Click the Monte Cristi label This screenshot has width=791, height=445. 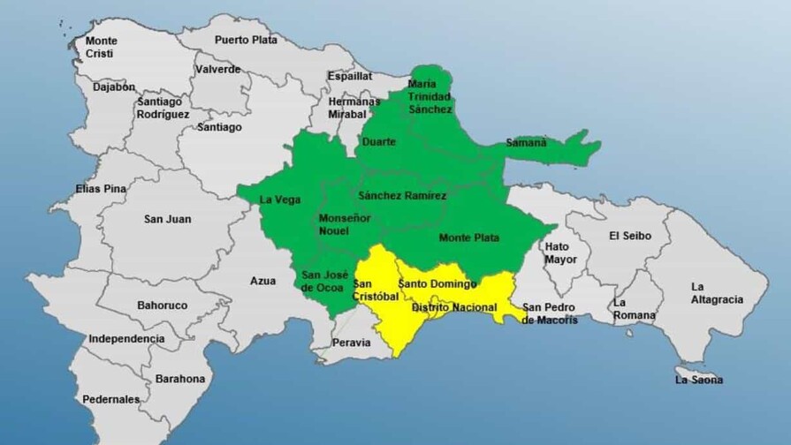(101, 47)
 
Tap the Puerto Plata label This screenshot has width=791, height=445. (247, 40)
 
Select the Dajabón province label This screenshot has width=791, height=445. (115, 87)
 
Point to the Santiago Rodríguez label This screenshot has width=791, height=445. (163, 108)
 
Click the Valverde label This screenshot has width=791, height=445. (217, 69)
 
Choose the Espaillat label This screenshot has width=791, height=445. (350, 77)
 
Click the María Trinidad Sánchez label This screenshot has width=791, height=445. (430, 96)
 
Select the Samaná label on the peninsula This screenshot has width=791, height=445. (526, 142)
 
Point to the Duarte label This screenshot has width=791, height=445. (378, 141)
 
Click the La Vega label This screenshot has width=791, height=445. (278, 199)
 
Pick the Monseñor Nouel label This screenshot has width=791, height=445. (332, 224)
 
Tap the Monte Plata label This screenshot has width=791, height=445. (468, 238)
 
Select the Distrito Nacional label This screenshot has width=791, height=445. (454, 307)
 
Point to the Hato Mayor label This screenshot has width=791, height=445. (561, 253)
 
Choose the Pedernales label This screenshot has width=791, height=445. (110, 399)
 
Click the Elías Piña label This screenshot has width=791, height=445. (101, 189)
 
